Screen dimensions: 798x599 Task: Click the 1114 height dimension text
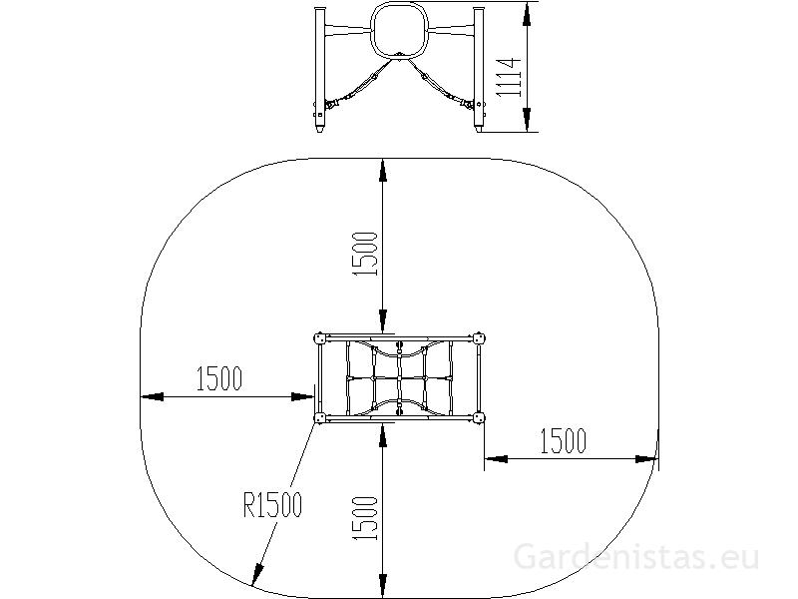[x=509, y=78]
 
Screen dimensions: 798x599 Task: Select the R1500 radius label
[x=272, y=505]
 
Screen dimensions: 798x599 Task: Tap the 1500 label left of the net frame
[x=219, y=378]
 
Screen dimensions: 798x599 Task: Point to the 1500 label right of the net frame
[x=563, y=441]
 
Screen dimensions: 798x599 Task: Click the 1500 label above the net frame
[x=365, y=255]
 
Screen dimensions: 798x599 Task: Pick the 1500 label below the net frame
[x=365, y=518]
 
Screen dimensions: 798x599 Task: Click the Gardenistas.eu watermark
[x=636, y=557]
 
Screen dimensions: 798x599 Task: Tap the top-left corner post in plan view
[x=320, y=338]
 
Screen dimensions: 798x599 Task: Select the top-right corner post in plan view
[x=479, y=338]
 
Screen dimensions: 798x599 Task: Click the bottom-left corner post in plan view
[x=320, y=418]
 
